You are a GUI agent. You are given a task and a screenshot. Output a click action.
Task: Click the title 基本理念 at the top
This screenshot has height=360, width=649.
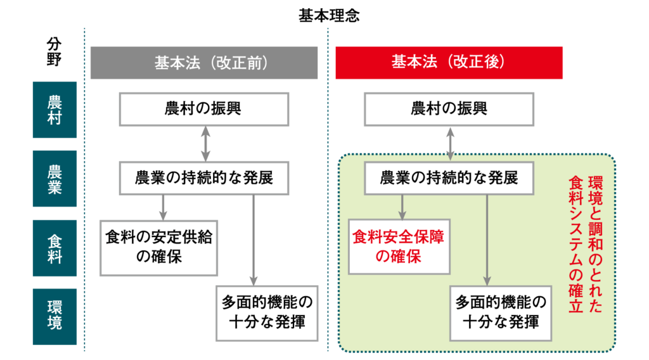pyautogui.click(x=329, y=16)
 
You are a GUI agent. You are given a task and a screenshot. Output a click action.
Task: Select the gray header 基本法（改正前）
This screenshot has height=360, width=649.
pyautogui.click(x=204, y=63)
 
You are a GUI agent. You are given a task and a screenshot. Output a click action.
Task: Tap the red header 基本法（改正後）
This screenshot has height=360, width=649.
pyautogui.click(x=449, y=63)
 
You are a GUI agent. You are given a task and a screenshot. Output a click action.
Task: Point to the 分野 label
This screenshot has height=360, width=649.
pyautogui.click(x=55, y=52)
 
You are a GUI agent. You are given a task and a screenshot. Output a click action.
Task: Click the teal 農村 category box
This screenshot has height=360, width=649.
pyautogui.click(x=55, y=110)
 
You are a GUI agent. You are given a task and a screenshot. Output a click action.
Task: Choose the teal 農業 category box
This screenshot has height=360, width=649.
pyautogui.click(x=55, y=179)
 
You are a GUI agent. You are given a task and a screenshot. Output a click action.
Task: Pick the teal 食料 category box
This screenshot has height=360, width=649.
pyautogui.click(x=55, y=248)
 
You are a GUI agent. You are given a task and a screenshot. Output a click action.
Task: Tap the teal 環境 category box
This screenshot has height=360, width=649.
pyautogui.click(x=55, y=316)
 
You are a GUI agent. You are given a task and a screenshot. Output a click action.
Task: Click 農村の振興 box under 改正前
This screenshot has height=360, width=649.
pyautogui.click(x=204, y=109)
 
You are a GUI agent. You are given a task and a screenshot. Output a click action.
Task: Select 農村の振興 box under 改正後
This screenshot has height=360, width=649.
pyautogui.click(x=449, y=109)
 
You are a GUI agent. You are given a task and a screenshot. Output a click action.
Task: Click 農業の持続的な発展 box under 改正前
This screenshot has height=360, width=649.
pyautogui.click(x=204, y=178)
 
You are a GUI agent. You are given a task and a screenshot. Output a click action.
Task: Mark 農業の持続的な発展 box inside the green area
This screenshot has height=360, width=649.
pyautogui.click(x=449, y=178)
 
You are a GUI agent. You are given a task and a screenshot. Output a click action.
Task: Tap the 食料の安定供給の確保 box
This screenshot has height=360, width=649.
pyautogui.click(x=159, y=248)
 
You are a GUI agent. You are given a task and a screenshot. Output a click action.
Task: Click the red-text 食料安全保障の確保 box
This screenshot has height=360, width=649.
pyautogui.click(x=399, y=247)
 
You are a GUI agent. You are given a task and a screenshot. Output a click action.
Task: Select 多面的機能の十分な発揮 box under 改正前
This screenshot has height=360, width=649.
pyautogui.click(x=267, y=313)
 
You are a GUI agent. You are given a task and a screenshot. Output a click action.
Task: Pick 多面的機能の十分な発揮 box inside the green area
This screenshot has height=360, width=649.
pyautogui.click(x=501, y=313)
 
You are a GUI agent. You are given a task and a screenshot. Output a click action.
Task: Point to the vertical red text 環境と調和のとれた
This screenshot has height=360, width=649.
pyautogui.click(x=595, y=244)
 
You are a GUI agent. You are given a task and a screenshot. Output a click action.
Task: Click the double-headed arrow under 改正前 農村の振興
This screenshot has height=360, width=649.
pyautogui.click(x=206, y=144)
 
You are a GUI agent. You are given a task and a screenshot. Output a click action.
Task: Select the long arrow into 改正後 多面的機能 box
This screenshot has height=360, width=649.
pyautogui.click(x=487, y=240)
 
